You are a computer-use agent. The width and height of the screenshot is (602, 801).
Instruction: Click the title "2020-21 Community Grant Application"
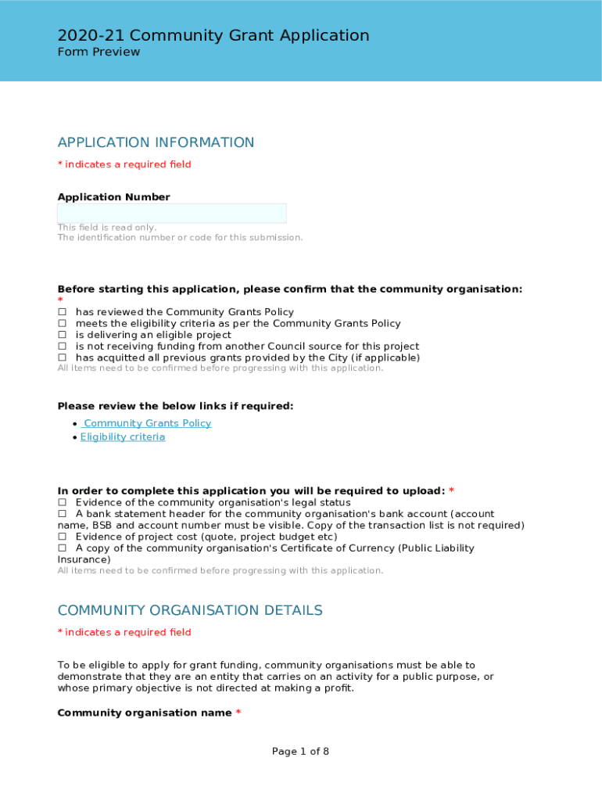point(213,35)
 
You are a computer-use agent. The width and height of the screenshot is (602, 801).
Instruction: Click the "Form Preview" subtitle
point(99,52)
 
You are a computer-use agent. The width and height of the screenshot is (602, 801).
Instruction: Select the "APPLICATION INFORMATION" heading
point(156,142)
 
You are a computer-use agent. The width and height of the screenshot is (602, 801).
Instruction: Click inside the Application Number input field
point(171,214)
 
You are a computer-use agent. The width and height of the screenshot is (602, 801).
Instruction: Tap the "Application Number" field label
point(113,197)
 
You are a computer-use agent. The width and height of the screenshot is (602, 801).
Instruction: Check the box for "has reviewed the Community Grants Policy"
point(62,312)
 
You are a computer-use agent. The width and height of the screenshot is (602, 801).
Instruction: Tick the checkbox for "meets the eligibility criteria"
point(62,324)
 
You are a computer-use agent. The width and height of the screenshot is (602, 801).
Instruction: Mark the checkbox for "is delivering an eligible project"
point(62,335)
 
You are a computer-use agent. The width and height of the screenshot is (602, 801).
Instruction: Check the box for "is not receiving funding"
point(62,347)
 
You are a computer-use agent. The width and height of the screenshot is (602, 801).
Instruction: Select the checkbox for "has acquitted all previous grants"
point(62,357)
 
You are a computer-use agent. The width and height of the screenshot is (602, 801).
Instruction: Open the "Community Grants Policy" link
point(147,423)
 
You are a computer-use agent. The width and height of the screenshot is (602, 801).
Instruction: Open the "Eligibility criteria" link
point(123,437)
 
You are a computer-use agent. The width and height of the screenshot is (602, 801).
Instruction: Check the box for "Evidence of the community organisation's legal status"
point(62,502)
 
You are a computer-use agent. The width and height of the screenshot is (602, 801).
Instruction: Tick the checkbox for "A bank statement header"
point(62,514)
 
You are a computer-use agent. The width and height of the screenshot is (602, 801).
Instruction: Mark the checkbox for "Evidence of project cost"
point(62,537)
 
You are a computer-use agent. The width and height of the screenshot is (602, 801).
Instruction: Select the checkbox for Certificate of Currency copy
point(62,548)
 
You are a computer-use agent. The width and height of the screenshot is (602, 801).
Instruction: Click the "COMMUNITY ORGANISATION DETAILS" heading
point(189,610)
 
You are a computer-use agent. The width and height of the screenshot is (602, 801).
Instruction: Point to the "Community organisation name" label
point(145,713)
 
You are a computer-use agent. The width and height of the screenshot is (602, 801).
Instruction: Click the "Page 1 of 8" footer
point(300,752)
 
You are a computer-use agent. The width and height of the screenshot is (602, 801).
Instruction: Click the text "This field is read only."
point(106,228)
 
